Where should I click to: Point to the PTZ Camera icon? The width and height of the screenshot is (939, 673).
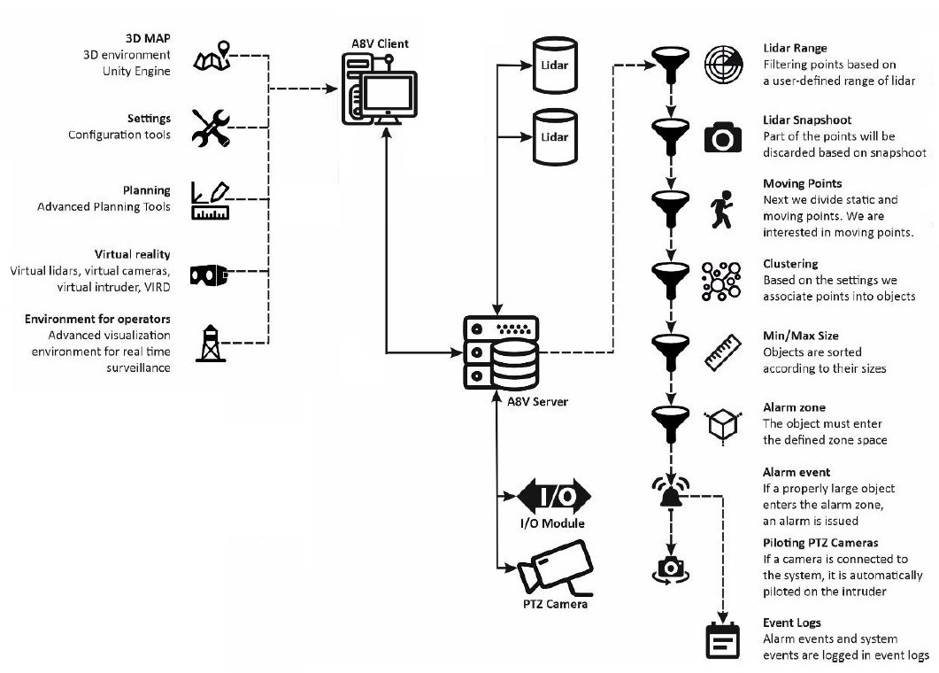[x=554, y=572]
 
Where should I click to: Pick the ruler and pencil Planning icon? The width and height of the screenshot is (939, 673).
[x=211, y=201]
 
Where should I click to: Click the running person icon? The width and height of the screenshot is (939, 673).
[x=722, y=213]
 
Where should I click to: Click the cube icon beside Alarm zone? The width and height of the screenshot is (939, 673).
[x=720, y=425]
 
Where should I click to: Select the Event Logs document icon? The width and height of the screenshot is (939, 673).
[x=722, y=640]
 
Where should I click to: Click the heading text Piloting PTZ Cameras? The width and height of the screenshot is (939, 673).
[x=820, y=543]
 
